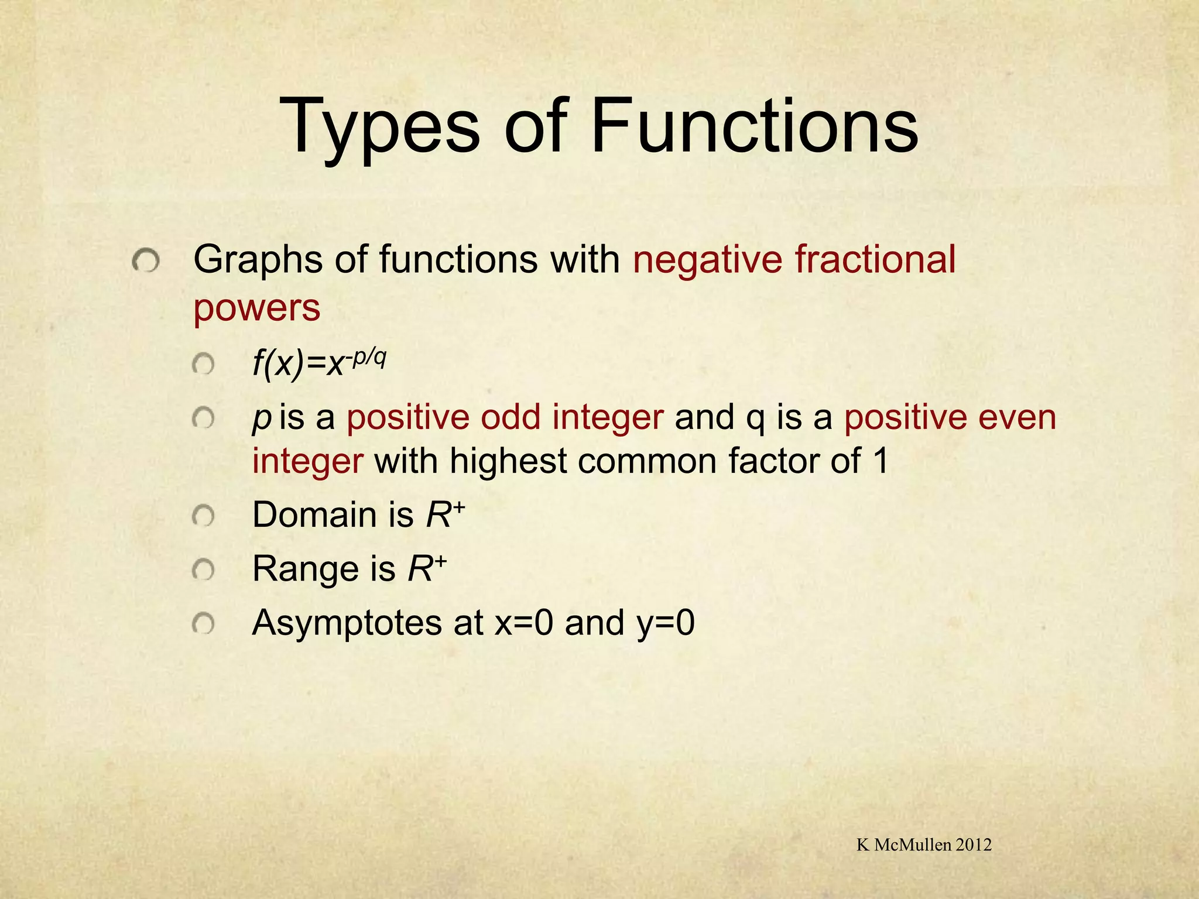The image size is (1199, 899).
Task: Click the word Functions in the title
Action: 754,126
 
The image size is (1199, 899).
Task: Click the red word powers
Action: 257,308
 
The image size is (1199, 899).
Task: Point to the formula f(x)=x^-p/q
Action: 319,363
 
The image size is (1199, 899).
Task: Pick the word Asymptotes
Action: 347,623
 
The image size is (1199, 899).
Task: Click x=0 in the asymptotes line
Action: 523,623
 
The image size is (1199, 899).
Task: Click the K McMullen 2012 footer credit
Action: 924,844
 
